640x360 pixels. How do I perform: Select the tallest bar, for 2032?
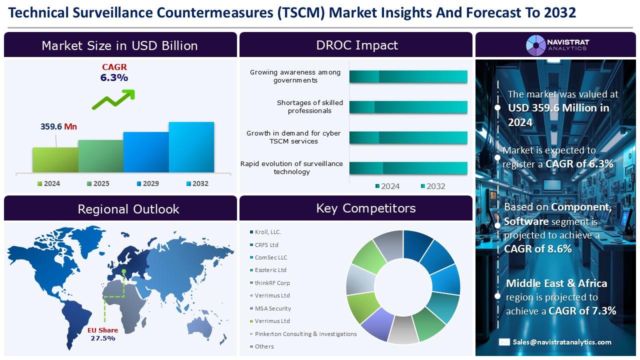click(x=191, y=147)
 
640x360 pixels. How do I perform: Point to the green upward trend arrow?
click(x=113, y=99)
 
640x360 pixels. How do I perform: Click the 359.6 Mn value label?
click(x=58, y=126)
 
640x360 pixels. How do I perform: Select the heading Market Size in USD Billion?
click(x=120, y=45)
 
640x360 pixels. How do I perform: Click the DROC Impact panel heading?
click(x=356, y=45)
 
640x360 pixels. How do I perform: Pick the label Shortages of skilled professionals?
click(x=309, y=106)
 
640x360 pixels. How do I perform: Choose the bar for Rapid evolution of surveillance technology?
click(x=408, y=168)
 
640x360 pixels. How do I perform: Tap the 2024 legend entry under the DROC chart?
click(x=387, y=186)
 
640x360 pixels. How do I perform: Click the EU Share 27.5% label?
click(x=102, y=334)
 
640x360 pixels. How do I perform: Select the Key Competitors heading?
click(x=365, y=208)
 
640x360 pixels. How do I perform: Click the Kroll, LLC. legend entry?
click(x=267, y=232)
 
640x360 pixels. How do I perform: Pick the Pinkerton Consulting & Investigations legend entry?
click(x=305, y=333)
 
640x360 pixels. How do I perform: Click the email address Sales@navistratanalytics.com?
click(x=561, y=342)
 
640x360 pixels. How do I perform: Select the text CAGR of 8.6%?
click(x=537, y=248)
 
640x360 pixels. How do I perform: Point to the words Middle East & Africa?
click(x=556, y=283)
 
